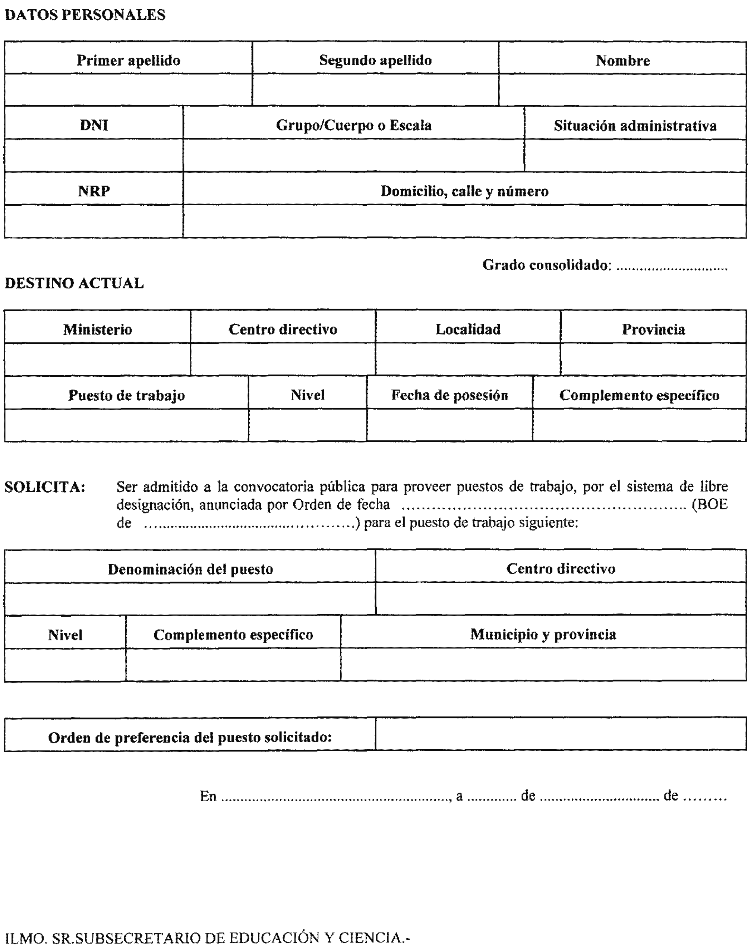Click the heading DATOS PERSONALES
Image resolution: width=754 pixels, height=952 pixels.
85,15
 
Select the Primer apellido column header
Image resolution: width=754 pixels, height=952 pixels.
129,60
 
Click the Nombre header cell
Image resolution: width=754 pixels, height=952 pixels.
622,60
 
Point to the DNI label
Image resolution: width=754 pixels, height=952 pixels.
94,125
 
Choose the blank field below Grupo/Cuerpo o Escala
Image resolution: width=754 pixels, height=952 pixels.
353,156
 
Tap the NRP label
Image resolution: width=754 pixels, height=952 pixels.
94,191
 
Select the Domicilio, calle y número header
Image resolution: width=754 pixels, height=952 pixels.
464,191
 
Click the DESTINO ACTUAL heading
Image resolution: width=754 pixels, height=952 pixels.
74,283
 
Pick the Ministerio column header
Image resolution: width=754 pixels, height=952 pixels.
98,329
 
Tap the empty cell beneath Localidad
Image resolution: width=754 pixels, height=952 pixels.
468,360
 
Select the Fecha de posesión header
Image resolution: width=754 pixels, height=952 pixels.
449,395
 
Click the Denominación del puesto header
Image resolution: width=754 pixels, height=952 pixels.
190,569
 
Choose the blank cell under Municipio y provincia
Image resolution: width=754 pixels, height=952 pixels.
543,665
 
